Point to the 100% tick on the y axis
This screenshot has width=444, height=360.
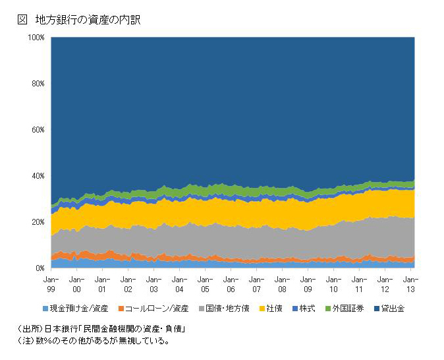(36, 38)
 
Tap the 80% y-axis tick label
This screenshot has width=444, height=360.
(38, 84)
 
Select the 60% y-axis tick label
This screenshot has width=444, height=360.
(38, 130)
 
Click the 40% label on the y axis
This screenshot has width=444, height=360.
(38, 176)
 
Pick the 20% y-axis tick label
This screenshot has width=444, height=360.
(38, 222)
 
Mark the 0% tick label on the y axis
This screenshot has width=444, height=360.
(40, 268)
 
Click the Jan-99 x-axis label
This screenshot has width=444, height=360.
(51, 284)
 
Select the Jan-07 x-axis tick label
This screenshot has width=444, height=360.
(256, 284)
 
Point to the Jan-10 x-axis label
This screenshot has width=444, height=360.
(333, 284)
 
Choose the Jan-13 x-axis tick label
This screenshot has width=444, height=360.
(410, 284)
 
